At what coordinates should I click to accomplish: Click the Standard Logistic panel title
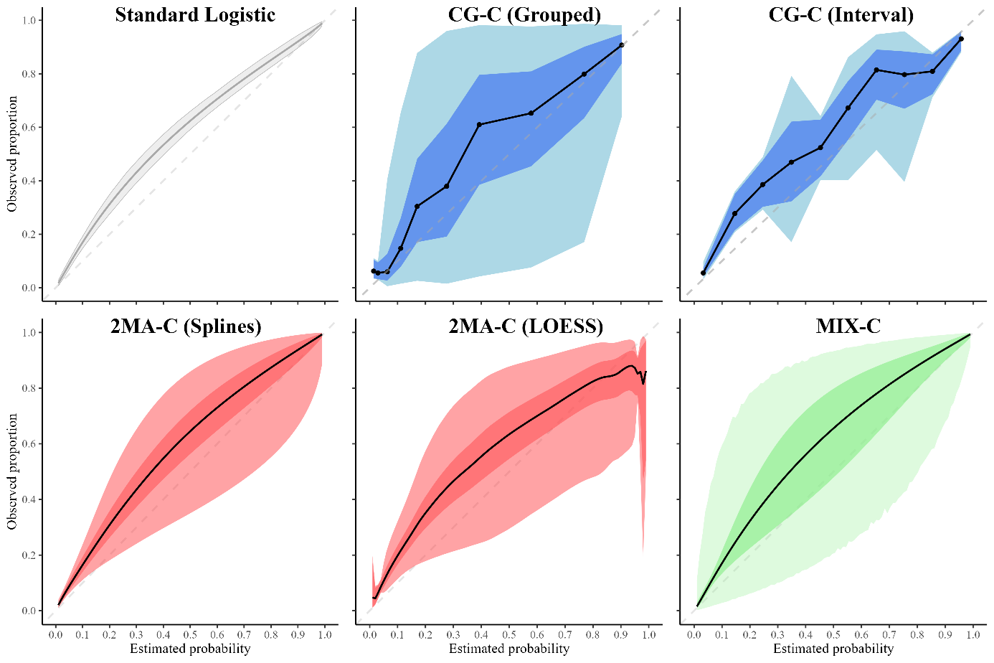[195, 15]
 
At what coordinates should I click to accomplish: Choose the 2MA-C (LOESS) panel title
[526, 326]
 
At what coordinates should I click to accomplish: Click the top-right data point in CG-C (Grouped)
[622, 45]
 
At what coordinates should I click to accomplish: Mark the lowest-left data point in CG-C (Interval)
[703, 273]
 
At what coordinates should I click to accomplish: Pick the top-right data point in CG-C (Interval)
[961, 39]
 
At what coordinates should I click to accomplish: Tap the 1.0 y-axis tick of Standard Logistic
[29, 21]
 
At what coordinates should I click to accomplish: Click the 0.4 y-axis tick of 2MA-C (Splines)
[29, 499]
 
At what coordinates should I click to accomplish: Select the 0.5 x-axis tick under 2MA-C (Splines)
[190, 635]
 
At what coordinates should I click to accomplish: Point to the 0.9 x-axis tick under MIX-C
[945, 635]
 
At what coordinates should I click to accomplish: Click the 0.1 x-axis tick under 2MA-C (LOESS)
[397, 635]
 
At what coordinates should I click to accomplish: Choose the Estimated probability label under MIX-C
[833, 649]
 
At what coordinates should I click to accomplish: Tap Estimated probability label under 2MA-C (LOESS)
[509, 649]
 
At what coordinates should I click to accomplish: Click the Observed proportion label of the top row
[12, 154]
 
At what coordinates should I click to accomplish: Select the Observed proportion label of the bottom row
[12, 471]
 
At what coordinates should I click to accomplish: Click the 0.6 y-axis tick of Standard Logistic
[29, 128]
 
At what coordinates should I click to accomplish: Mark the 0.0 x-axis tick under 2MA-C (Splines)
[55, 635]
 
